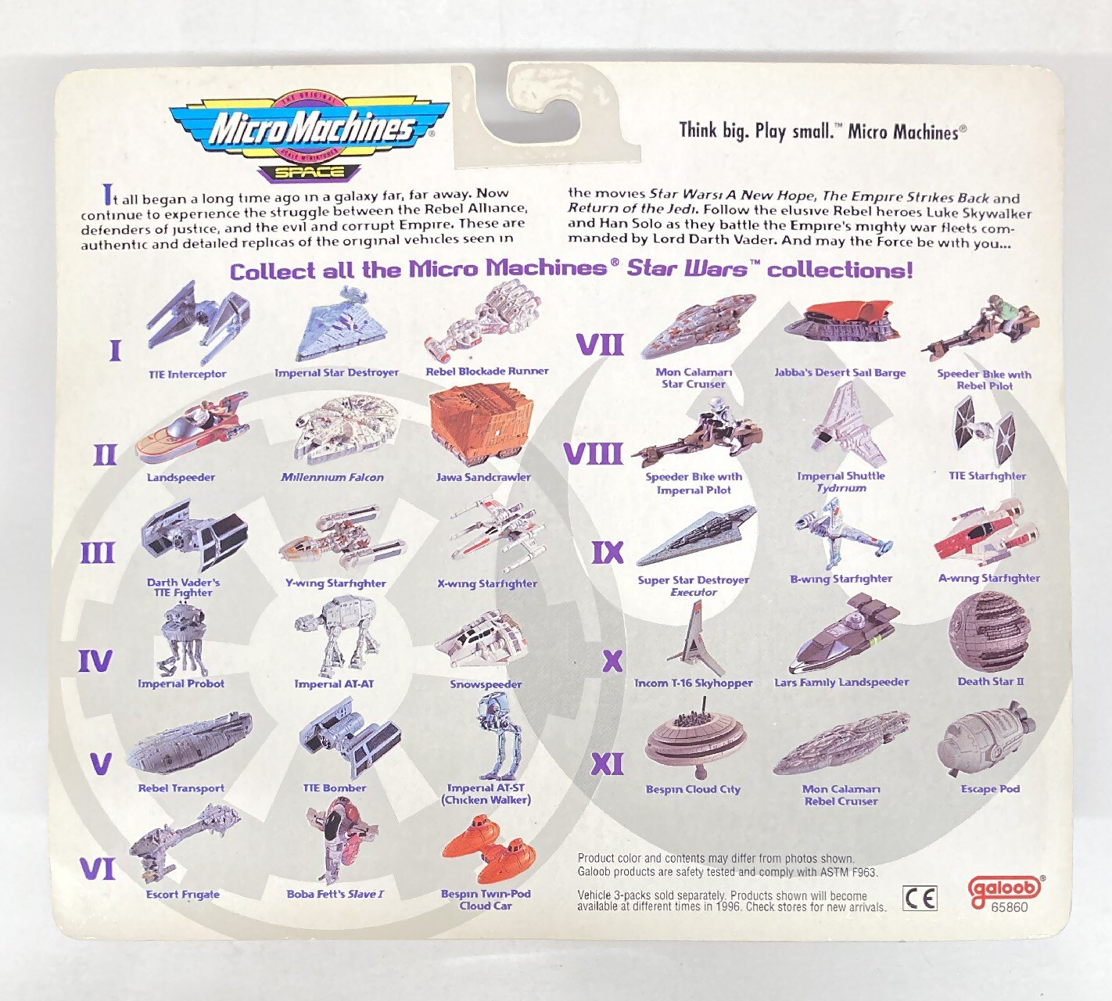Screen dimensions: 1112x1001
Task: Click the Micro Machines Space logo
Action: [x=308, y=136]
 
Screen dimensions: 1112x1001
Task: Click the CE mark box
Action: [x=920, y=898]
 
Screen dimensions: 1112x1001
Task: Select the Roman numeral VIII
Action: [x=593, y=454]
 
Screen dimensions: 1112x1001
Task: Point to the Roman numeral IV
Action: [x=95, y=661]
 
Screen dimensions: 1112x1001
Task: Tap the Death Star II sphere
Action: [x=988, y=632]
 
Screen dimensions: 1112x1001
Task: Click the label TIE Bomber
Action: [x=334, y=788]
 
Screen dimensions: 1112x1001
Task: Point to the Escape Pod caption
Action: [x=990, y=789]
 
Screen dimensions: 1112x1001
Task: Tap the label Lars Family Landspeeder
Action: [x=841, y=682]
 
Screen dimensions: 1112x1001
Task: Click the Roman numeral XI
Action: [x=607, y=765]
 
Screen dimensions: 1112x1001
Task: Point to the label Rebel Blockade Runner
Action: [x=486, y=371]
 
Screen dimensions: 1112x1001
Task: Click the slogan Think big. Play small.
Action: [x=757, y=131]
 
